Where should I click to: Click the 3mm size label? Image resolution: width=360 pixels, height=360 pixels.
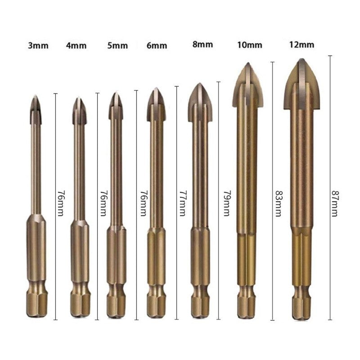[38, 46]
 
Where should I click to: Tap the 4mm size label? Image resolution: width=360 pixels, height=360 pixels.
[76, 46]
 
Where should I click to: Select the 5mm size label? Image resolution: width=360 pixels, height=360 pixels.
[117, 45]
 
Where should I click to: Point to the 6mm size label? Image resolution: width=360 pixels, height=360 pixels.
[157, 45]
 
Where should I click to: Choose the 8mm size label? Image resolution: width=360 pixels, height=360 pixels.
[203, 44]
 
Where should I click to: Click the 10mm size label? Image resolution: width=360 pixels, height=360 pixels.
[250, 45]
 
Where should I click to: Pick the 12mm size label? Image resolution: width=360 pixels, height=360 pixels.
[301, 44]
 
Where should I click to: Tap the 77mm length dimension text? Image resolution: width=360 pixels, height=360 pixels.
[183, 203]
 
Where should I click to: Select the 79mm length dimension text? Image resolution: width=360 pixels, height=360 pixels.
[227, 203]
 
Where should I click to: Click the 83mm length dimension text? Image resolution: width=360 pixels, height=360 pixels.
[279, 204]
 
